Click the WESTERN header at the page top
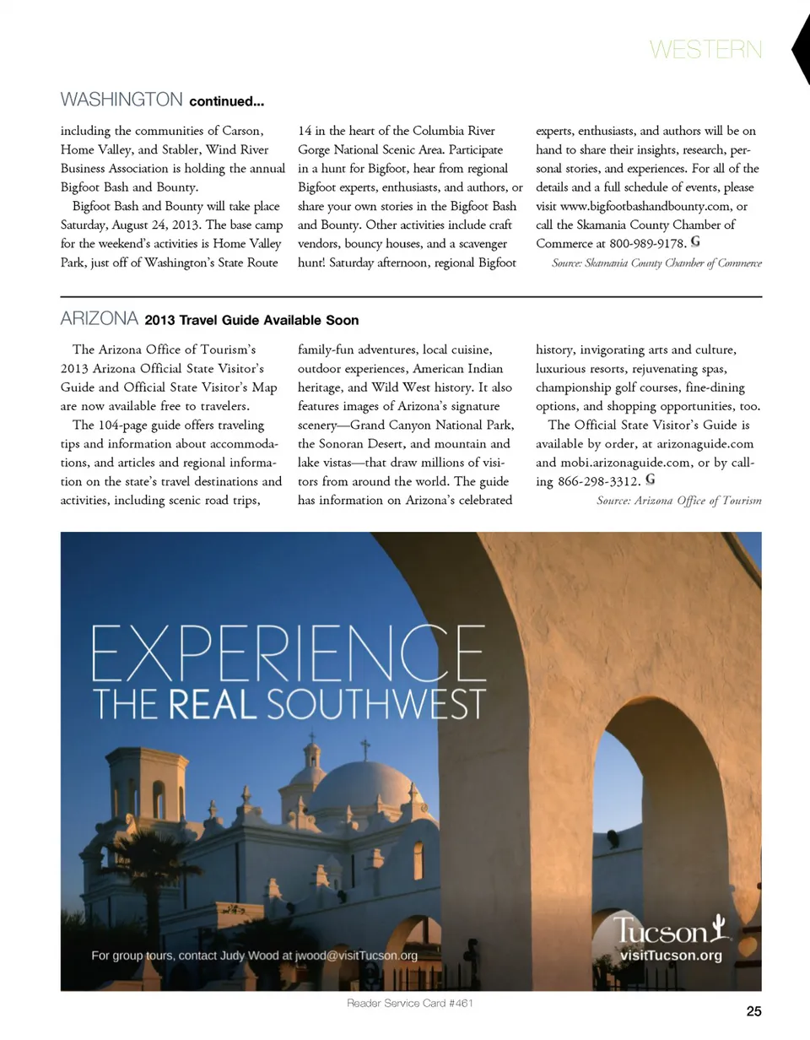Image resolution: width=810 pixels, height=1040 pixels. tap(705, 50)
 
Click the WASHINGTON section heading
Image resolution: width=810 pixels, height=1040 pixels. tap(121, 100)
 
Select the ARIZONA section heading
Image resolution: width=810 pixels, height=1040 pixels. tap(100, 319)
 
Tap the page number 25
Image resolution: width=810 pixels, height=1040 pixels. tap(753, 1011)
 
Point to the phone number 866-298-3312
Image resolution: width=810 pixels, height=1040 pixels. tap(598, 482)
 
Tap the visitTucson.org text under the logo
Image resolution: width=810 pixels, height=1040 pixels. tap(671, 956)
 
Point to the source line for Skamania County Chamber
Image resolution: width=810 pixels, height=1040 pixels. tap(656, 263)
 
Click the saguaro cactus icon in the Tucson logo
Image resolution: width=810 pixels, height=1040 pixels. tap(718, 928)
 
